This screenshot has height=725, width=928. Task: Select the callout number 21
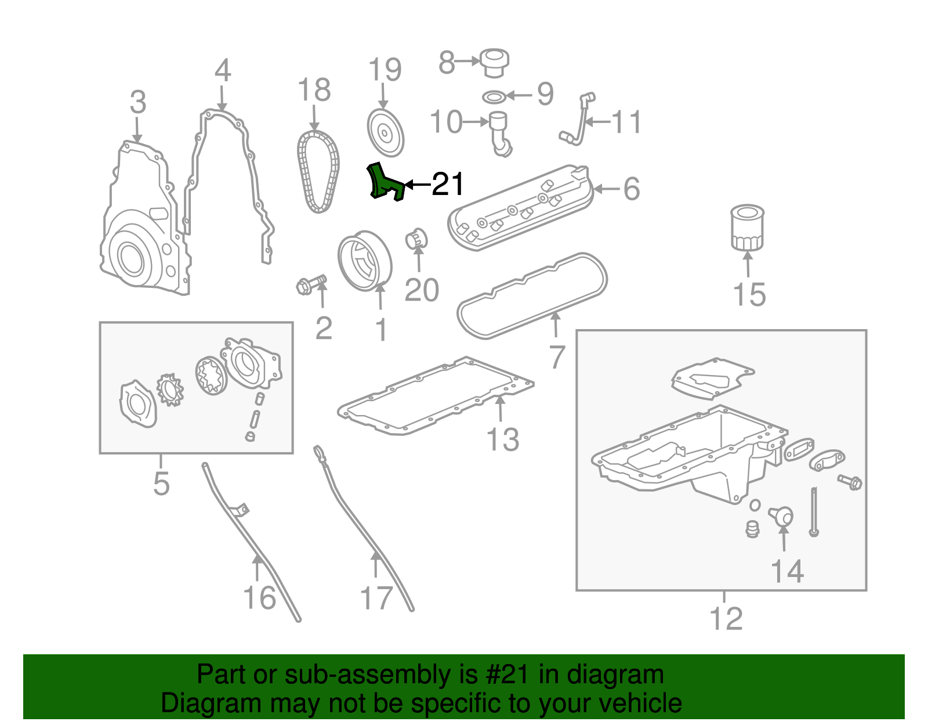448,185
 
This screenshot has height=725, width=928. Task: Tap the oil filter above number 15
747,228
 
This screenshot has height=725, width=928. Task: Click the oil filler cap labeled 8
495,62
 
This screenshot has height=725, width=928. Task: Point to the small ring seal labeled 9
494,96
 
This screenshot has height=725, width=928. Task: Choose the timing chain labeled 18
318,172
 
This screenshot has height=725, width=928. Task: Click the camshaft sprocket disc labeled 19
385,132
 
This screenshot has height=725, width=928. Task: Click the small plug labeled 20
416,239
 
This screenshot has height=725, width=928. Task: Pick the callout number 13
503,439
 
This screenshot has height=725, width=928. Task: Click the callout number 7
557,357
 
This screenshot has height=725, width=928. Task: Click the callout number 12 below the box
726,619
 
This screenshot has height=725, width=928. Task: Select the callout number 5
161,483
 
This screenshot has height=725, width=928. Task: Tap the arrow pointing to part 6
606,189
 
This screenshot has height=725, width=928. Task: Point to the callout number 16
259,597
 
